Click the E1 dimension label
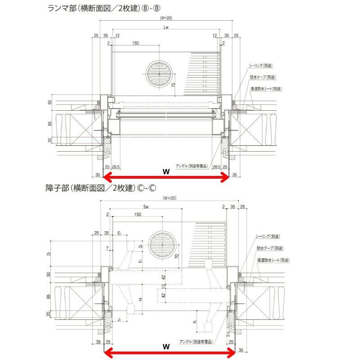click(119, 233)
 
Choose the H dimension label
click(141, 299)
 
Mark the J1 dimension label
click(119, 320)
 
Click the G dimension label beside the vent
click(141, 247)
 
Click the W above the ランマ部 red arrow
click(166, 171)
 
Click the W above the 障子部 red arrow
click(166, 346)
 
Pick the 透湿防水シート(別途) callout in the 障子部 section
click(273, 260)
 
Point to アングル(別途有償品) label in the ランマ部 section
click(192, 166)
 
